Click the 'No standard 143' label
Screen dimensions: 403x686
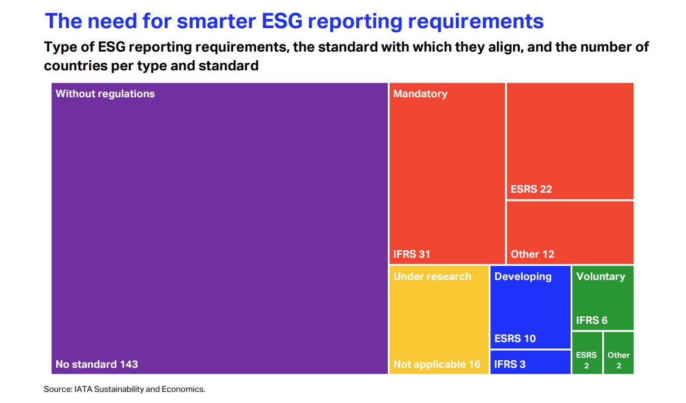[97, 364]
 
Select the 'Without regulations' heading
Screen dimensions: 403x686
[105, 94]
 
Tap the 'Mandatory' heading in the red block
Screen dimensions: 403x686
[420, 94]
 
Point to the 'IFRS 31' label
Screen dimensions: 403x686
[412, 254]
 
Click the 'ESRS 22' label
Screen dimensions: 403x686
[531, 189]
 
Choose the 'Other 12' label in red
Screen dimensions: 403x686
[532, 254]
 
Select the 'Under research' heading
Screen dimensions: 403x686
[432, 276]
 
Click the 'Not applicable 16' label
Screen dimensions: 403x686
[436, 364]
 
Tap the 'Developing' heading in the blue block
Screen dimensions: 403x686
[523, 276]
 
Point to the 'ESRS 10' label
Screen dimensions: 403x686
[515, 339]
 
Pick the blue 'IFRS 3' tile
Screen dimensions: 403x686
[530, 362]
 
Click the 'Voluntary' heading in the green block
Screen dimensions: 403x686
[600, 276]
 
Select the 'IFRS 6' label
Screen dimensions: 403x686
[592, 320]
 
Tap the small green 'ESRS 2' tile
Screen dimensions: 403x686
[586, 360]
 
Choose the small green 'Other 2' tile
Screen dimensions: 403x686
[619, 360]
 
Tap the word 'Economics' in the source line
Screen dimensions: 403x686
[185, 389]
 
